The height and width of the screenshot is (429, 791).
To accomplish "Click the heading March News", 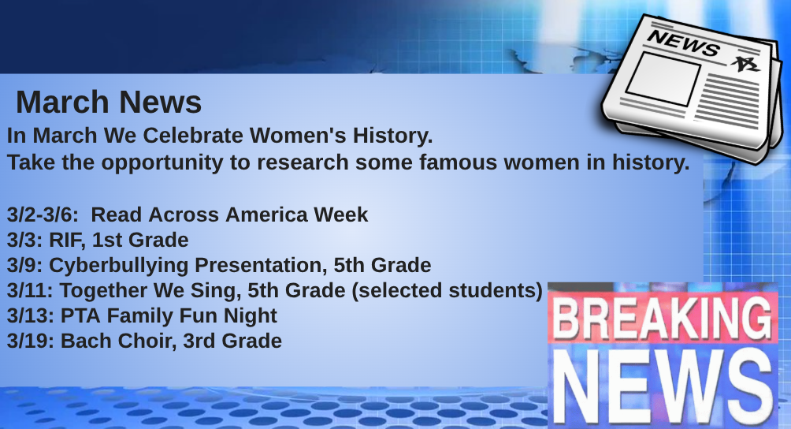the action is coord(109,103).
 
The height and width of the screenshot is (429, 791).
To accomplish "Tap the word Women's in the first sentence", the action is coord(298,136).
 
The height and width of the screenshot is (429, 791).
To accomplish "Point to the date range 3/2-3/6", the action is coord(43,215).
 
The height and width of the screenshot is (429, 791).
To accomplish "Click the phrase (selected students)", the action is coord(447,291).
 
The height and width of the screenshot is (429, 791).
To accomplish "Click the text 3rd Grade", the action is coord(232,341).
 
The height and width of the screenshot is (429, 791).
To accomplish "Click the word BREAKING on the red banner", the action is coord(663,318).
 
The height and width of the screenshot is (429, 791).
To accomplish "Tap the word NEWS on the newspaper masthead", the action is coord(684,43).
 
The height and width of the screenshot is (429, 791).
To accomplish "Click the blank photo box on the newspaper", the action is coord(663,78).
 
